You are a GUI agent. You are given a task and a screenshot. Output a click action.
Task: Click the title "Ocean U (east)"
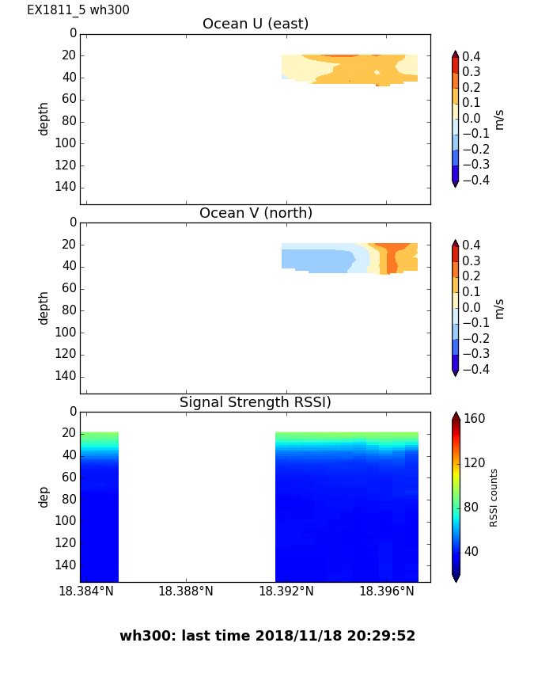pyautogui.click(x=256, y=24)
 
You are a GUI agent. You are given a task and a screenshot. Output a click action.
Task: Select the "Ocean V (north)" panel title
pyautogui.click(x=256, y=213)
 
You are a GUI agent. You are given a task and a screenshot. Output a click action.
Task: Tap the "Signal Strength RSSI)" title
pyautogui.click(x=256, y=402)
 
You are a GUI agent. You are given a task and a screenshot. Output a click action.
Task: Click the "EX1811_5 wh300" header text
pyautogui.click(x=78, y=10)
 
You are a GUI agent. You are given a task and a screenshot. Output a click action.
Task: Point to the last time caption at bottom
pyautogui.click(x=267, y=636)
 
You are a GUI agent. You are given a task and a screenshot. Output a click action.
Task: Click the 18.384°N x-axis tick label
pyautogui.click(x=86, y=591)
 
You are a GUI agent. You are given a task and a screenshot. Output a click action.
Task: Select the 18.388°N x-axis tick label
pyautogui.click(x=186, y=591)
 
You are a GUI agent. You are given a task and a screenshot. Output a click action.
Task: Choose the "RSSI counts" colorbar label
pyautogui.click(x=494, y=497)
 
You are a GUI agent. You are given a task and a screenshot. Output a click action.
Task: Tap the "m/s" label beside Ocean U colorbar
pyautogui.click(x=499, y=119)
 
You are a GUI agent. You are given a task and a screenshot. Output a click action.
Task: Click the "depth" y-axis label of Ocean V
pyautogui.click(x=44, y=307)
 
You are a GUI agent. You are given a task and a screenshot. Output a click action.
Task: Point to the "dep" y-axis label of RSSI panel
pyautogui.click(x=44, y=496)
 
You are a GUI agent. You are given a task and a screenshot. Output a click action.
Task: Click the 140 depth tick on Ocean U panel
pyautogui.click(x=66, y=187)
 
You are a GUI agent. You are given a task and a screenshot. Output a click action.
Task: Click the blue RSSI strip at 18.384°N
pyautogui.click(x=99, y=523)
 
